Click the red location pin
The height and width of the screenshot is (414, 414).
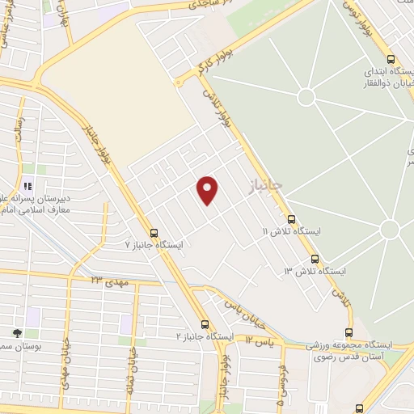coord(208,189)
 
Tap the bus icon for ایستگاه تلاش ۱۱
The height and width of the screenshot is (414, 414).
coord(291,219)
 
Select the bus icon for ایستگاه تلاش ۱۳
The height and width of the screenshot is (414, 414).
coord(315,259)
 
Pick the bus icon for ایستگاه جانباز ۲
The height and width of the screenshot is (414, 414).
coord(205,323)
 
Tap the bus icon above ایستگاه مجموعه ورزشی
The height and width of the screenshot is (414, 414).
coord(349,332)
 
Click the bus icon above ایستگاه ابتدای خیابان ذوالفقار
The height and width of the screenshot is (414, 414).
coord(391,59)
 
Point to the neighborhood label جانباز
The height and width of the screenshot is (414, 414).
coord(266,186)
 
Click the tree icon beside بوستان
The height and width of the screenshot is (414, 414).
coord(16,332)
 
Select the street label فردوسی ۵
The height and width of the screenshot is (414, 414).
coord(280,388)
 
